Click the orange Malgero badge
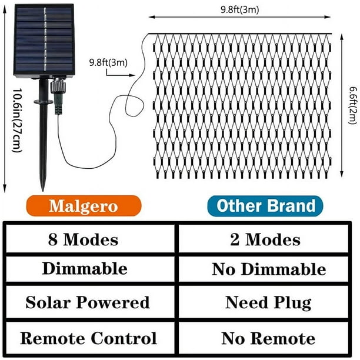pyautogui.click(x=84, y=206)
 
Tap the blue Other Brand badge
pyautogui.click(x=265, y=206)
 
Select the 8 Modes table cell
pyautogui.click(x=90, y=239)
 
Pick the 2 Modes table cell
pyautogui.click(x=264, y=239)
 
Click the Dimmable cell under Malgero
pyautogui.click(x=90, y=269)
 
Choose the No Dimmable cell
pyautogui.click(x=264, y=269)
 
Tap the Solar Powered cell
pyautogui.click(x=90, y=302)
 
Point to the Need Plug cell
pyautogui.click(x=264, y=302)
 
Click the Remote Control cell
pyautogui.click(x=90, y=338)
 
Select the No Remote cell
pyautogui.click(x=264, y=338)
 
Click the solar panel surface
pyautogui.click(x=44, y=39)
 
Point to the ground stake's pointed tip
pyautogui.click(x=43, y=191)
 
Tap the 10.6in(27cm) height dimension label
pyautogui.click(x=17, y=121)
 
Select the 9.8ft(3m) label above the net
pyautogui.click(x=239, y=9)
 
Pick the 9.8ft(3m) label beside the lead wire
pyautogui.click(x=108, y=62)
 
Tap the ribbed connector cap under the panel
pyautogui.click(x=58, y=85)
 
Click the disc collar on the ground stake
pyautogui.click(x=44, y=101)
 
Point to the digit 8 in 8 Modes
pyautogui.click(x=52, y=239)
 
